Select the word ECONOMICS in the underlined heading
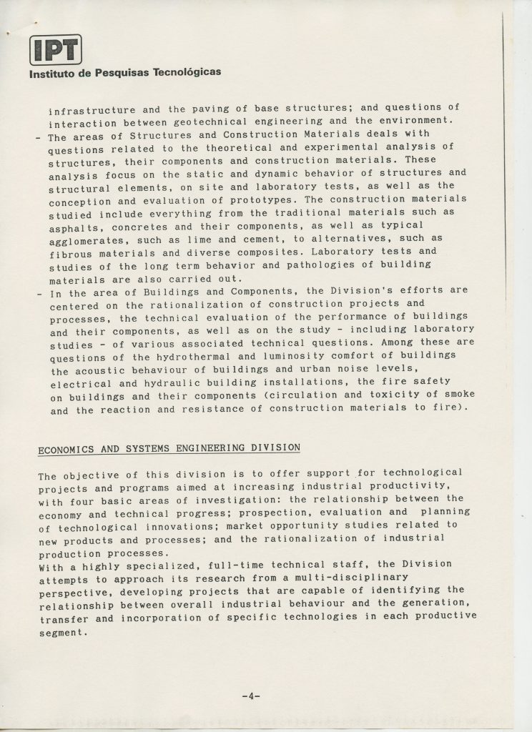(x=64, y=449)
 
